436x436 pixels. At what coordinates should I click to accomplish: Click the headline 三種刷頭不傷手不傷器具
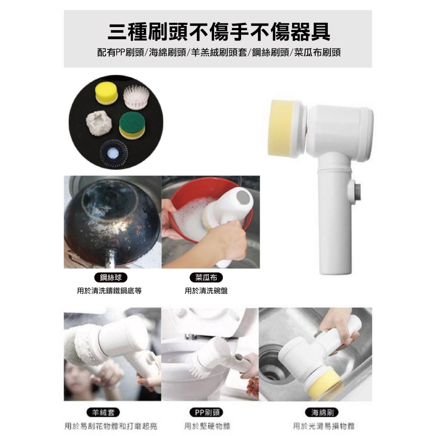218,32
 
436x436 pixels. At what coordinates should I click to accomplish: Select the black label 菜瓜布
206,277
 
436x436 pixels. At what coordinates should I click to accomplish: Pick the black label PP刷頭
206,412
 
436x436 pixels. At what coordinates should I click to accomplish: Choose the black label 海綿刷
323,412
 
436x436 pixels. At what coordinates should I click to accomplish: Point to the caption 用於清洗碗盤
206,290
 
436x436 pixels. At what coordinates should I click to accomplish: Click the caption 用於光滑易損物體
323,426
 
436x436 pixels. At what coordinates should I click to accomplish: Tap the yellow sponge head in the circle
106,94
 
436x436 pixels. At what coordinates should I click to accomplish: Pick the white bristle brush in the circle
136,97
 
